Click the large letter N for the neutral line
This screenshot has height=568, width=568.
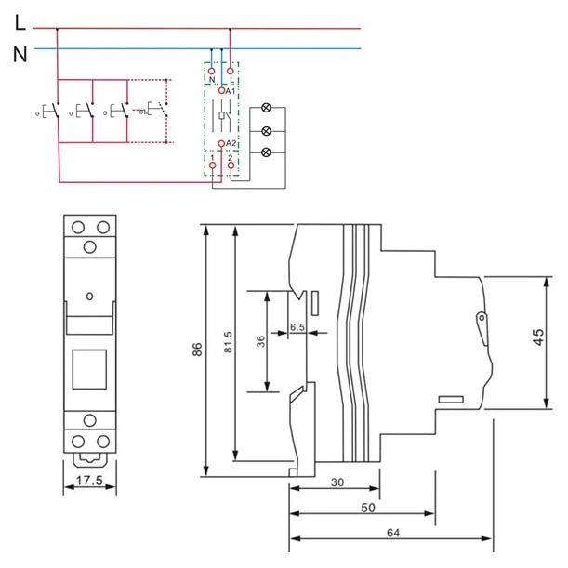point(20,54)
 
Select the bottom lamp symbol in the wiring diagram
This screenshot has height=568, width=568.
point(268,152)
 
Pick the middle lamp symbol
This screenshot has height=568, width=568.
point(268,131)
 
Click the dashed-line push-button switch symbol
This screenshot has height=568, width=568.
point(154,112)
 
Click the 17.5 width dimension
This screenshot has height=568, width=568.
point(89,482)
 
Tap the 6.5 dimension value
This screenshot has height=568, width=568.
point(297,327)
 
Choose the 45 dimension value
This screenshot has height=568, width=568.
point(537,338)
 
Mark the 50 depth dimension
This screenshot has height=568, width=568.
point(368,509)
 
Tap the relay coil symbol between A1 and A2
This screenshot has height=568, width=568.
point(220,118)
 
